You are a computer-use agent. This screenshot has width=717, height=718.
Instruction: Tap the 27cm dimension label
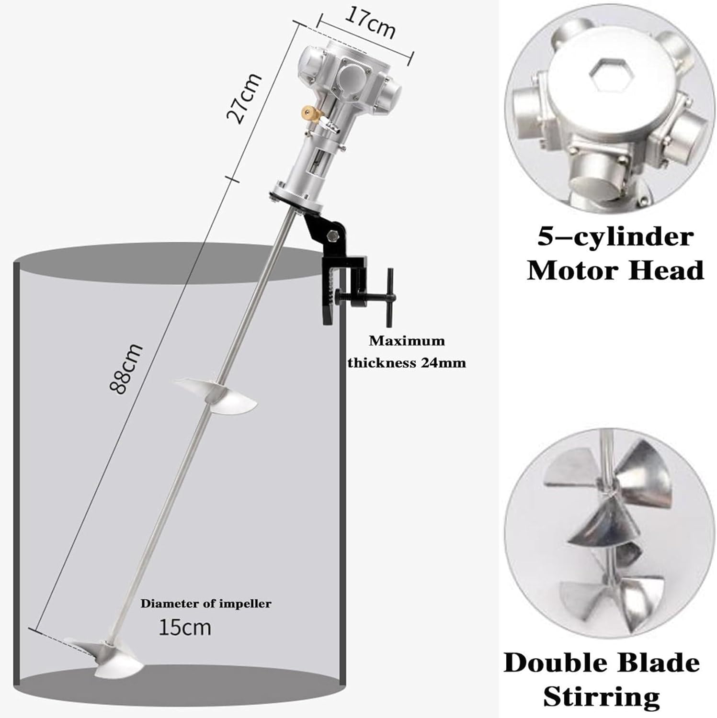point(244,98)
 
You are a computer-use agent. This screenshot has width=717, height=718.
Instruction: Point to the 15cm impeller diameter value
point(184,628)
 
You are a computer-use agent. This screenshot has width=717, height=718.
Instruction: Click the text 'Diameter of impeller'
point(205,604)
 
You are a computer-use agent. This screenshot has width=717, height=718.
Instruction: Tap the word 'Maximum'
point(407,341)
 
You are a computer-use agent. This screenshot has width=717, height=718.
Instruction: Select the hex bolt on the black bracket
point(332,236)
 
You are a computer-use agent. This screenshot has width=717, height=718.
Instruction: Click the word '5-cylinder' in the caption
point(615,237)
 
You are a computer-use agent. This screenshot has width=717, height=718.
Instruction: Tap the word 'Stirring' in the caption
point(601,697)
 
